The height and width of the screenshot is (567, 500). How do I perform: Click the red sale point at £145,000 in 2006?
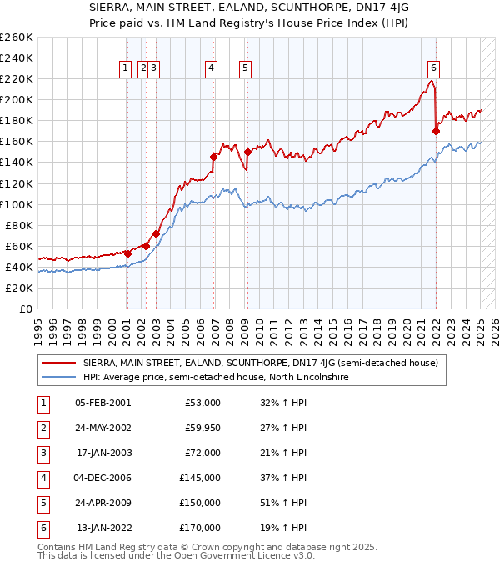click(214, 157)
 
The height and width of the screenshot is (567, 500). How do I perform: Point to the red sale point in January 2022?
click(436, 130)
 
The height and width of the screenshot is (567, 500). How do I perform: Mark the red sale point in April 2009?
click(247, 152)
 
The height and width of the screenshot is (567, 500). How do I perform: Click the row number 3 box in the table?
click(42, 454)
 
